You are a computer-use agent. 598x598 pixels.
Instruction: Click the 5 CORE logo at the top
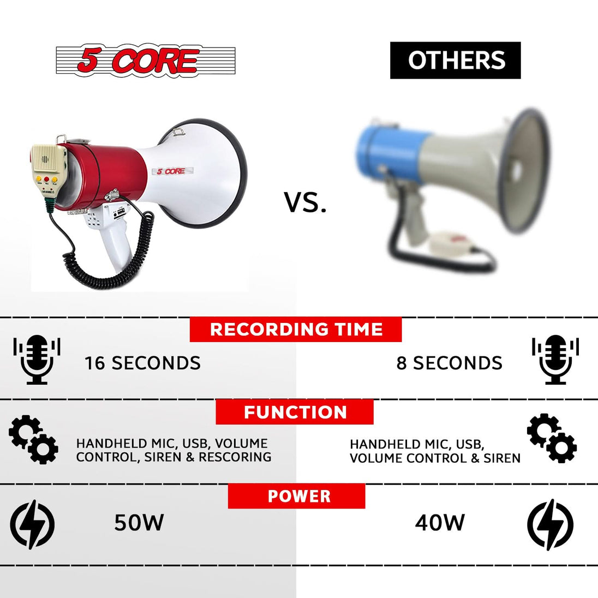pos(146,61)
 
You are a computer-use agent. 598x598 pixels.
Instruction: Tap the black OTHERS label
pos(456,60)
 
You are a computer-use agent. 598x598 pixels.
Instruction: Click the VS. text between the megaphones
pos(305,202)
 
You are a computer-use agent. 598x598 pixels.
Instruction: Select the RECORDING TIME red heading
pos(296,330)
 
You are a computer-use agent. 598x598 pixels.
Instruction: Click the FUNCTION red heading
pos(295,412)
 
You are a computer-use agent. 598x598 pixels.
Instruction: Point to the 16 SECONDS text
pos(142,363)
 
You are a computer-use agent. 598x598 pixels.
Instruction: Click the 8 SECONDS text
pos(449,363)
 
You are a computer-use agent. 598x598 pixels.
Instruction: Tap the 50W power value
pos(139,523)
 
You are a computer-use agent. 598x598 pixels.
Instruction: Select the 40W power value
pos(440,523)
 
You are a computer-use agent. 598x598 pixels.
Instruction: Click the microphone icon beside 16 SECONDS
pos(37,360)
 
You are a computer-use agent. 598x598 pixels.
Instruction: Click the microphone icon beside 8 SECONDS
pos(555,360)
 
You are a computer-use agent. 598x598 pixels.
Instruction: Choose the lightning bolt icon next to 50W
pos(33,524)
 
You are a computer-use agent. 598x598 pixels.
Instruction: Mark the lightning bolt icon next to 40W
pos(550,524)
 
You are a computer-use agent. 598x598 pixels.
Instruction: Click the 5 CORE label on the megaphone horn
pos(171,171)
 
